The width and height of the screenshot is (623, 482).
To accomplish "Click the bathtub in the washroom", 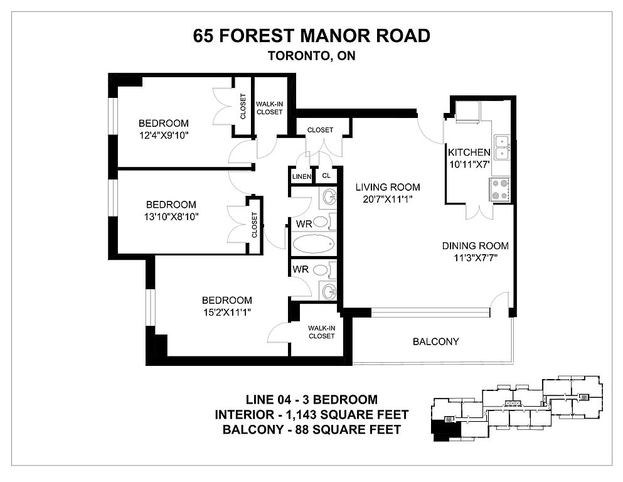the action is point(314,244).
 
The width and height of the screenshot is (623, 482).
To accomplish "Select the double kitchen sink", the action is point(502,147).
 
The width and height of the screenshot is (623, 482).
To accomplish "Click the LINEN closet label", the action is point(302,176).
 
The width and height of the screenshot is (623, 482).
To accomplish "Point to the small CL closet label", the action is point(326,176).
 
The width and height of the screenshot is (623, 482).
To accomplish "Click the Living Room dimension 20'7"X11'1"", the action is point(387,199).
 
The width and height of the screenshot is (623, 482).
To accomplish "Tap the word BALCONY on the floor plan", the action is point(436,342).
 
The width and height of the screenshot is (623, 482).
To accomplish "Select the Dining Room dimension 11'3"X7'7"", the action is point(476,258).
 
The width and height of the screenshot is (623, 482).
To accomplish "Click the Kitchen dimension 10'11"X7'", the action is point(469,164).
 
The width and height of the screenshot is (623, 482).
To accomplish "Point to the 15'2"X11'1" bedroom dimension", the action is point(227,313).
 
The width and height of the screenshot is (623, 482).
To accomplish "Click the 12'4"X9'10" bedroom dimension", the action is point(163,136).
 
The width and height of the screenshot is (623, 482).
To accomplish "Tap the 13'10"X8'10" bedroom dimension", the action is point(171,217).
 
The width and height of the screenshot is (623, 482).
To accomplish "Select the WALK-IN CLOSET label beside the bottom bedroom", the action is point(321,332).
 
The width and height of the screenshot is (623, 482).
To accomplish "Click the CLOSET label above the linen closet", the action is point(320,130).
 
